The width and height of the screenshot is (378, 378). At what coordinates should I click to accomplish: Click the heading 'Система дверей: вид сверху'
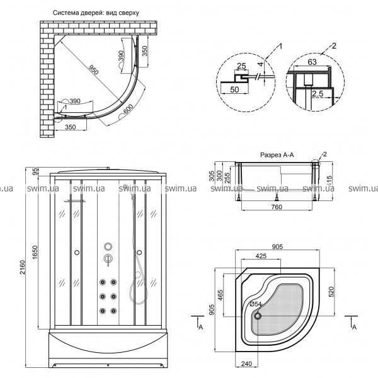tap(96, 13)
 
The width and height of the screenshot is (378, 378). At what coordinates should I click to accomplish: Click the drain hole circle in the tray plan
tap(257, 316)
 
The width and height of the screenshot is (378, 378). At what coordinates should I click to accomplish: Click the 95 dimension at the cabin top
tap(36, 170)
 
